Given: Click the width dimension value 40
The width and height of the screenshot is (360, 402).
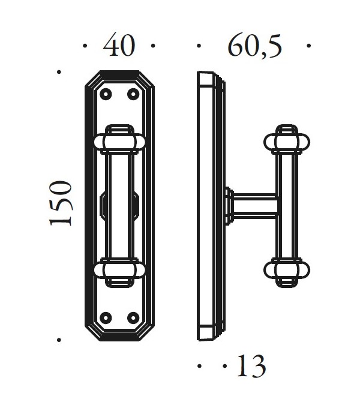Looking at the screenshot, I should point(119,46).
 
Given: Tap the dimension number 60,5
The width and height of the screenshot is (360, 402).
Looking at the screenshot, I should point(254,46).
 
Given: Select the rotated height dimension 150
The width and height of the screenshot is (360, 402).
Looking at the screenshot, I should point(62,203).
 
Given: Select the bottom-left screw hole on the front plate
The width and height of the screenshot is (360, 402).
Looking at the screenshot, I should point(106,317).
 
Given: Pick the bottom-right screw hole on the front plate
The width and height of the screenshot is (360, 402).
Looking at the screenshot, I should point(133,317).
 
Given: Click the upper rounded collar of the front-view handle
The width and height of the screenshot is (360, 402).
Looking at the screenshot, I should point(119,141).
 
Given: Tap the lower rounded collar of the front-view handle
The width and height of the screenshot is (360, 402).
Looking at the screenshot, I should point(119,269).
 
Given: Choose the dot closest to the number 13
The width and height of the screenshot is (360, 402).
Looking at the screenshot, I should point(225,365).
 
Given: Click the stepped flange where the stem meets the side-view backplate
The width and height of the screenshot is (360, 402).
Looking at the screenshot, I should point(229,205).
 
